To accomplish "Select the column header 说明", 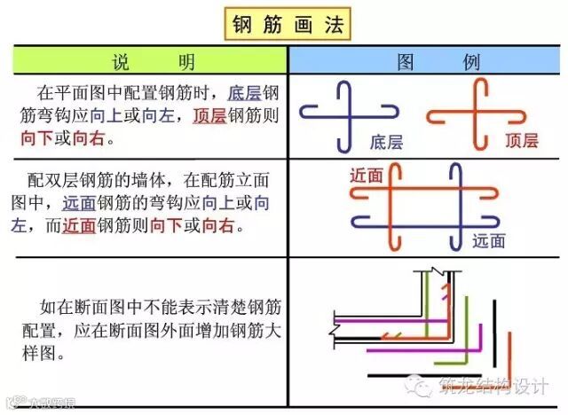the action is tap(149, 61).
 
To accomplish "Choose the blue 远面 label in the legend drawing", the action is tap(489, 240).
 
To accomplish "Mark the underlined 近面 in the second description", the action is tap(80, 226).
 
